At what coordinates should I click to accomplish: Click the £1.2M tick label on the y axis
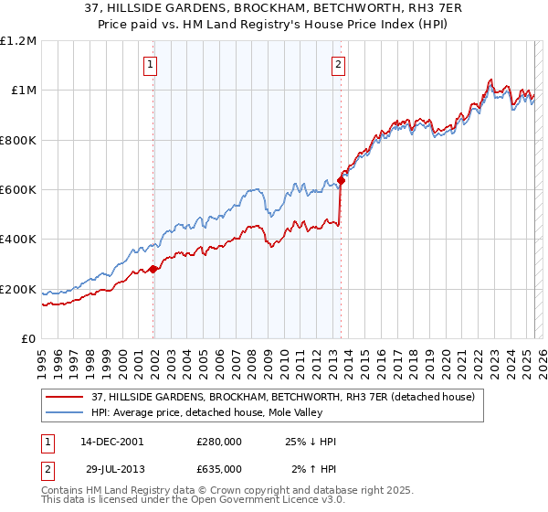point(18,41)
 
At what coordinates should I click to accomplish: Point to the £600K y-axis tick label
point(18,190)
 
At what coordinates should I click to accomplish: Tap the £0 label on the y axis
point(28,339)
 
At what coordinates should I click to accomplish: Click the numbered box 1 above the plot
point(149,64)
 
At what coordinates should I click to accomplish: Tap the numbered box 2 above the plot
point(338,64)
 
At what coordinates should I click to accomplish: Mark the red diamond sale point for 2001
point(153,269)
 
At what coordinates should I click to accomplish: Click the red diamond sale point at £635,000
point(341,181)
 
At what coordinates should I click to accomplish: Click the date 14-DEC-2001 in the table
point(111,441)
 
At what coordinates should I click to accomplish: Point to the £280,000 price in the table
point(219,441)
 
